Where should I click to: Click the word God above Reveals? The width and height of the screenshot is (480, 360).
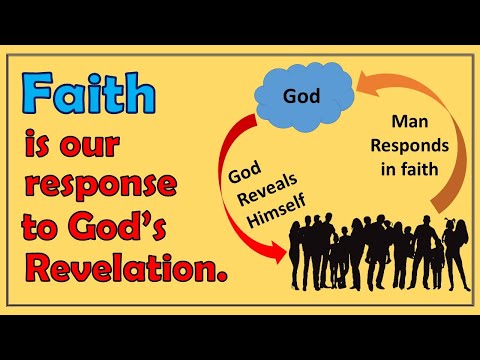tap(244, 172)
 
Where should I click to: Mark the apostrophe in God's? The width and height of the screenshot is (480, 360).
tap(168, 215)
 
